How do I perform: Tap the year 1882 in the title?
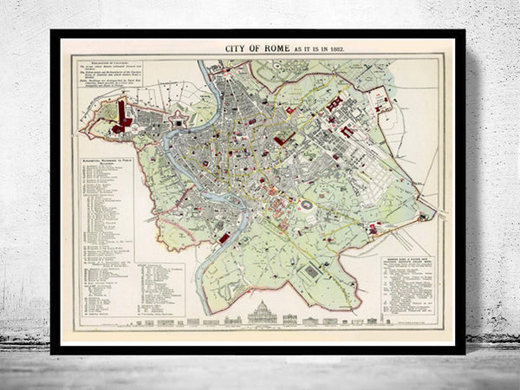[x=335, y=48]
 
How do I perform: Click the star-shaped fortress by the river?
[x=179, y=122]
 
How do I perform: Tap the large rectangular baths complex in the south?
[x=310, y=272]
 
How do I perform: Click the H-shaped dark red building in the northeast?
[x=335, y=104]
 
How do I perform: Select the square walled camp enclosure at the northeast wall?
[x=380, y=102]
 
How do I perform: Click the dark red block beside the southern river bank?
[x=224, y=237]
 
